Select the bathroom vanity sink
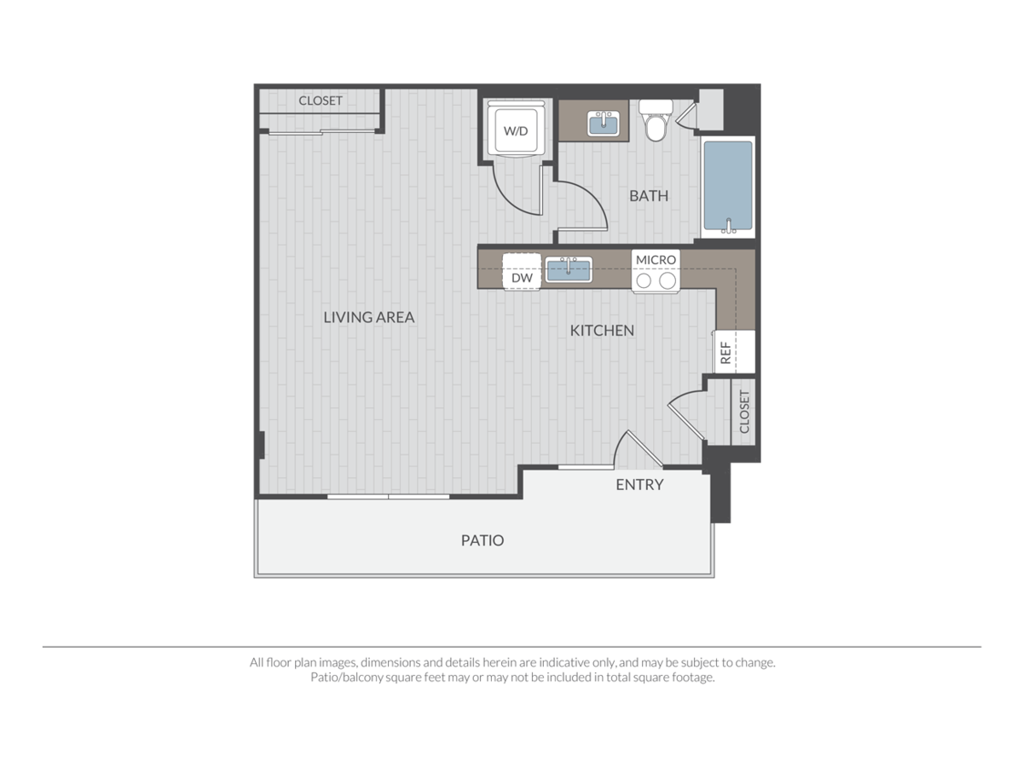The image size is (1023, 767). click(x=604, y=124)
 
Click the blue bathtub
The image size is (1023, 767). click(x=727, y=186)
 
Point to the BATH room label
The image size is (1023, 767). click(x=649, y=196)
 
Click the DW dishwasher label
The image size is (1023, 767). click(x=521, y=278)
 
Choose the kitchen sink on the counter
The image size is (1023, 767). click(x=569, y=269)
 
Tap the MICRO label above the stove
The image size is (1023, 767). click(x=656, y=259)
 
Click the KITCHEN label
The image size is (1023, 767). click(x=602, y=330)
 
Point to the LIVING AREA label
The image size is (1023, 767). click(x=369, y=317)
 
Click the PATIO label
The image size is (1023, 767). click(x=483, y=540)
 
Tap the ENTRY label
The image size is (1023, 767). click(x=639, y=485)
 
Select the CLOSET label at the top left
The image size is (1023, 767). click(x=321, y=101)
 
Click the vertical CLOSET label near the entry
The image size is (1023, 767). click(x=743, y=412)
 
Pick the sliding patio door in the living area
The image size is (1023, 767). click(x=389, y=496)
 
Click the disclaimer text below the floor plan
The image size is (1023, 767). click(x=511, y=670)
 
